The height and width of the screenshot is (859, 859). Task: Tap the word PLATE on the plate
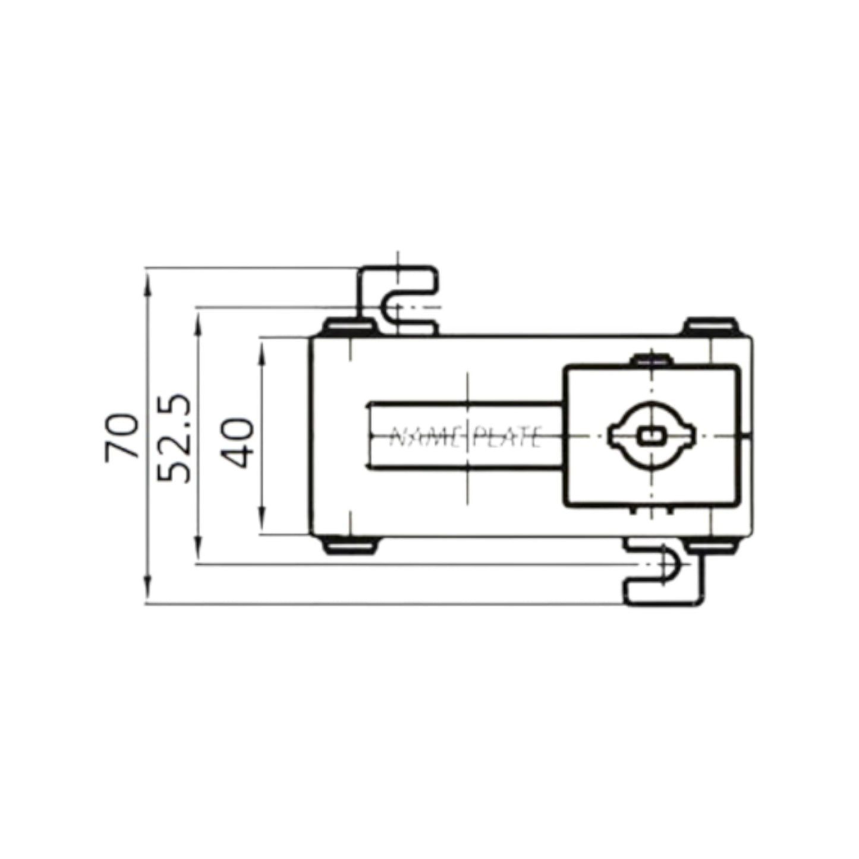[x=506, y=438]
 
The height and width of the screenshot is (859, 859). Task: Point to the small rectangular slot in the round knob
[x=651, y=436]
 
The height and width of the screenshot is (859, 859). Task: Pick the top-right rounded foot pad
[x=710, y=326]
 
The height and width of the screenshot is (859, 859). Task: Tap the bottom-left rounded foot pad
[x=349, y=545]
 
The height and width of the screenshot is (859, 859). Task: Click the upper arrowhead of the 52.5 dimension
[x=199, y=320]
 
